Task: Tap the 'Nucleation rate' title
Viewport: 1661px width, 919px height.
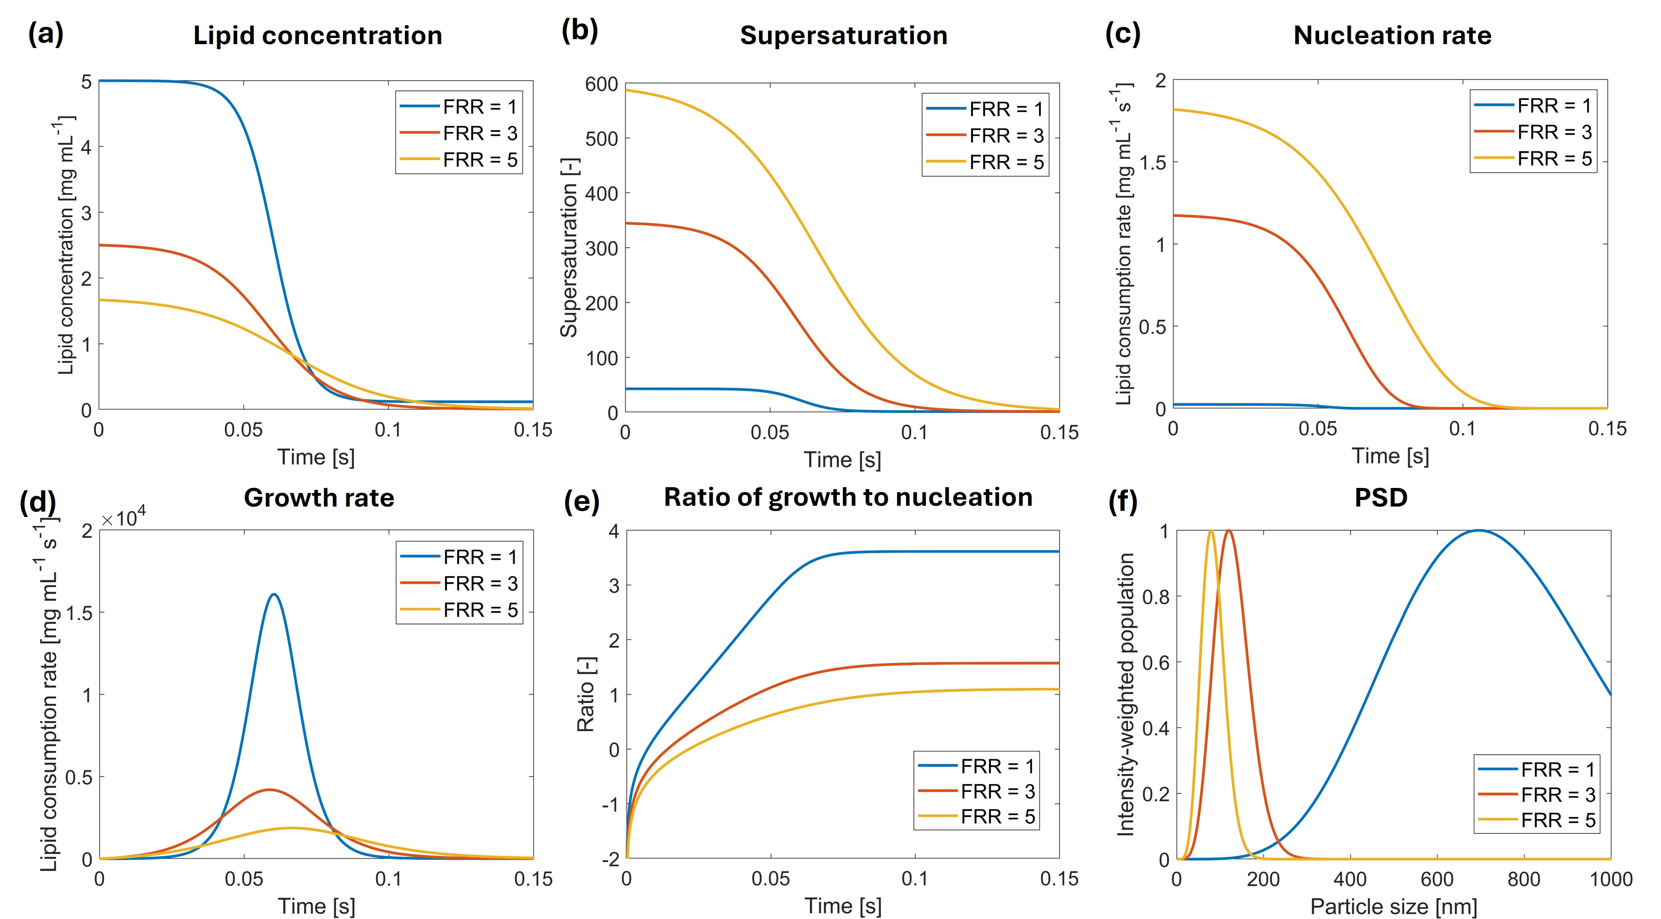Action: coord(1392,36)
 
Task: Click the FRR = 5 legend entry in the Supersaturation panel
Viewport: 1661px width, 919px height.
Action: coord(985,162)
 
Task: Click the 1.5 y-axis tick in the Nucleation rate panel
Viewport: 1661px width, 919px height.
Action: coord(1152,163)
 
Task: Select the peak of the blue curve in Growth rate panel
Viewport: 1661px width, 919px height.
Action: coord(275,594)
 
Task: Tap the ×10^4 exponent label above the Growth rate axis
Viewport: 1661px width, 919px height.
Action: coord(123,517)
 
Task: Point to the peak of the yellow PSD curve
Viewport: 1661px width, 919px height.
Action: coord(1211,531)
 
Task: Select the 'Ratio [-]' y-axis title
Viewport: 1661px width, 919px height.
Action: coord(585,694)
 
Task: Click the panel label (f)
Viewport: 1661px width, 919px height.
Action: coord(1122,501)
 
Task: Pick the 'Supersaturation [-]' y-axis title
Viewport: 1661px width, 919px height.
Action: coord(569,248)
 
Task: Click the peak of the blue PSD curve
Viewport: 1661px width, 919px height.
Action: coord(1478,531)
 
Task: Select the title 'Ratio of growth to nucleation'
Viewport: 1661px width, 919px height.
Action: coord(848,497)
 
